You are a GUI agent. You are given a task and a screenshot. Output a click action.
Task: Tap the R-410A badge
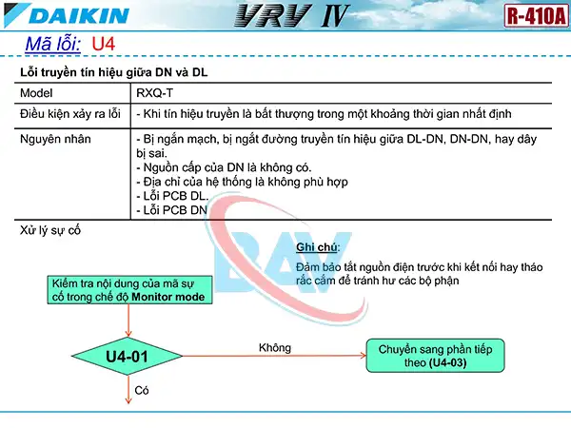(531, 16)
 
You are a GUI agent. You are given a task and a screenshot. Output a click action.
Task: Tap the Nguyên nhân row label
(52, 139)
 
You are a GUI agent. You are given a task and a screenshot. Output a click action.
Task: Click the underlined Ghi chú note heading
(318, 247)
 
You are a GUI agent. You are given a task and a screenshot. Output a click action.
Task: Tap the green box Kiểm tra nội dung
(130, 290)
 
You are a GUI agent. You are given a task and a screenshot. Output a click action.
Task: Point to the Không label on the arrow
(275, 347)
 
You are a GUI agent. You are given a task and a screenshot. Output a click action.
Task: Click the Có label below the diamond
(143, 390)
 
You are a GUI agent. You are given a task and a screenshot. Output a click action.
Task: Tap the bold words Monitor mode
(171, 297)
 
